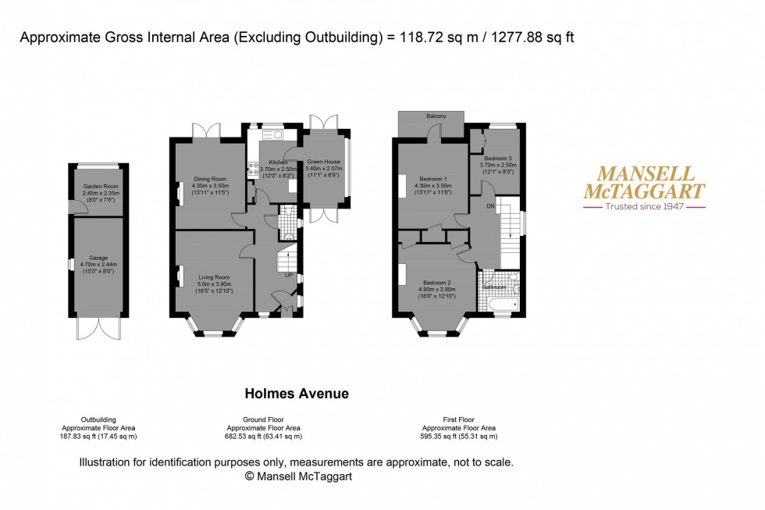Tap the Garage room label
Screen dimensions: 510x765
(x=98, y=257)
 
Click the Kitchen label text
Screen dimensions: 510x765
(x=279, y=162)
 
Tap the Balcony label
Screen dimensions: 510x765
(x=436, y=116)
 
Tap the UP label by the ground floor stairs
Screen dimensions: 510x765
(x=288, y=276)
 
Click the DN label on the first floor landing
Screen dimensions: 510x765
(x=489, y=207)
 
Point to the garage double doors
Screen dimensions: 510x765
(x=98, y=328)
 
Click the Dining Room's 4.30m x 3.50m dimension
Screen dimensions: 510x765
(x=208, y=185)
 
